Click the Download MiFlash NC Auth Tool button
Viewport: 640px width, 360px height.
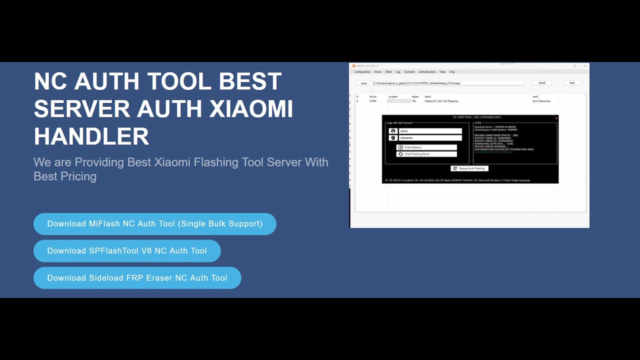(154, 224)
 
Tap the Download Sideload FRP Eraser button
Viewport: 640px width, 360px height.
(137, 278)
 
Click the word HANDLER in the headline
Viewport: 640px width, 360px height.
(91, 136)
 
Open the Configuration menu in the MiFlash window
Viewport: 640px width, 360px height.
(362, 72)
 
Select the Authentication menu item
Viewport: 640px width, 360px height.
(427, 72)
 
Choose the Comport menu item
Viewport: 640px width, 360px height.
(409, 72)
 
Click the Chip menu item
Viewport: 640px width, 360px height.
(452, 72)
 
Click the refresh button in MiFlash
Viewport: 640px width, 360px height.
(542, 83)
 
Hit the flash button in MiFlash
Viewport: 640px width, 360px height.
(572, 83)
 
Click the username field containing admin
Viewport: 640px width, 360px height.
(430, 131)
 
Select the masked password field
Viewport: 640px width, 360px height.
(430, 138)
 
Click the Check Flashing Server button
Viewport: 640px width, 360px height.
(426, 154)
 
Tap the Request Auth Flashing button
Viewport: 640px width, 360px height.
(469, 168)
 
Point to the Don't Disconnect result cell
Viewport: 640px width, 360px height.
(541, 101)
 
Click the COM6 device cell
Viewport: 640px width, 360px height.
(373, 101)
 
